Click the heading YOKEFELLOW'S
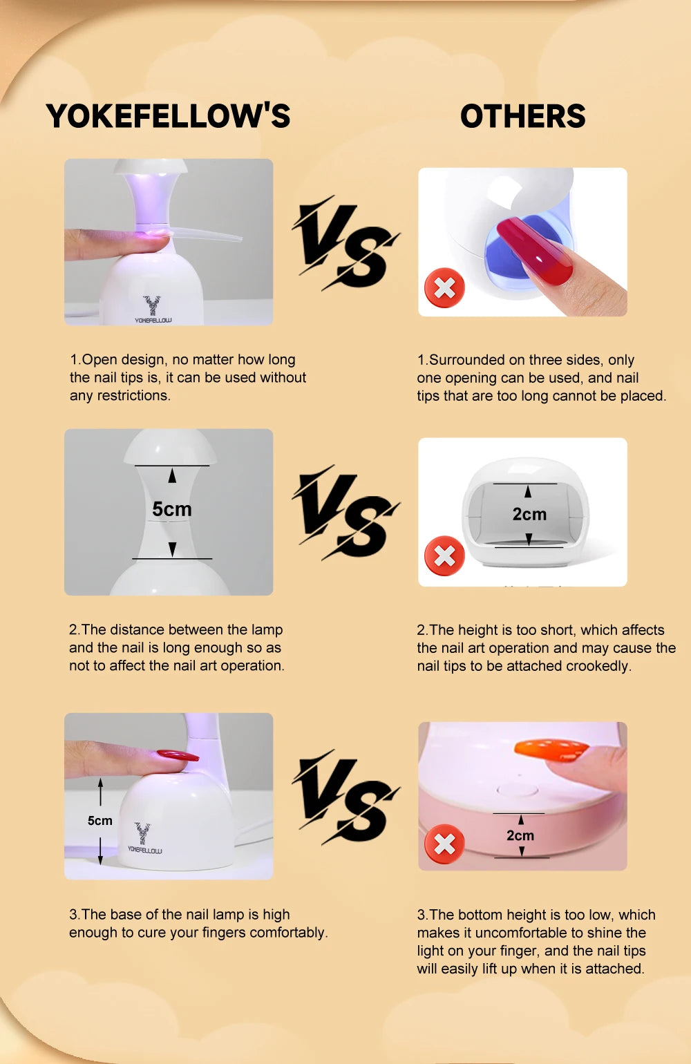168,116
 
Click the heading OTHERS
523,116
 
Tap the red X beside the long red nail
444,288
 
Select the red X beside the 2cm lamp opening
444,556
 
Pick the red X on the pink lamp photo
444,844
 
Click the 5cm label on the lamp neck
171,509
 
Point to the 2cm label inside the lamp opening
529,514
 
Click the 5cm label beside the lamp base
100,820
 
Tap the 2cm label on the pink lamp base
520,835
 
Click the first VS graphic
345,243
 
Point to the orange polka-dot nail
551,750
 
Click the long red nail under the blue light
534,250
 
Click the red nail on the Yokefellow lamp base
177,754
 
